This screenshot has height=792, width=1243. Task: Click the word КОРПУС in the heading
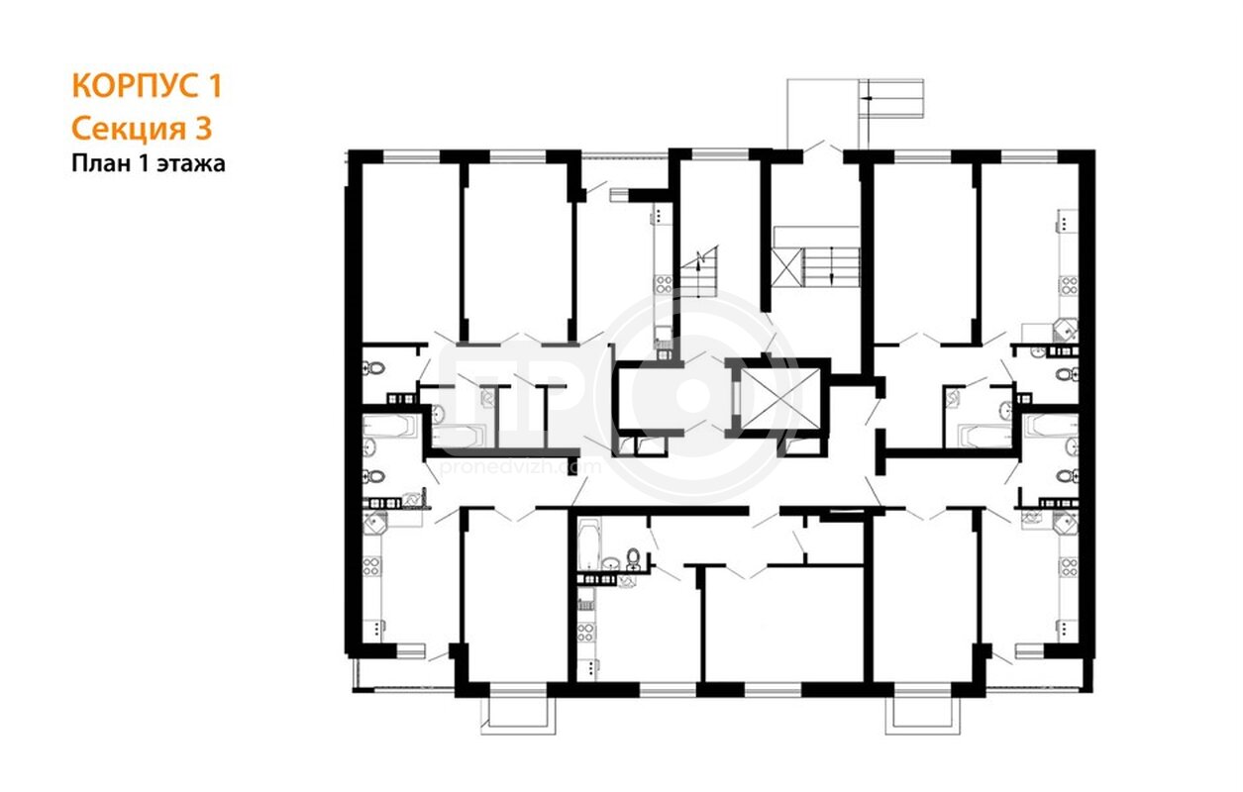[137, 86]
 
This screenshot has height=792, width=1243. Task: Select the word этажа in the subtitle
[191, 164]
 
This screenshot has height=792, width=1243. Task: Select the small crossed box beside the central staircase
[787, 266]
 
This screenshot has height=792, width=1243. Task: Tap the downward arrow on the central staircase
[831, 266]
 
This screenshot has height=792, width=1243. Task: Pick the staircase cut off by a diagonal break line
[699, 272]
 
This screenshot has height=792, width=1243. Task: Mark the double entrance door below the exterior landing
[823, 147]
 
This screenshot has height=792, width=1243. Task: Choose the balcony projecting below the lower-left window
[518, 716]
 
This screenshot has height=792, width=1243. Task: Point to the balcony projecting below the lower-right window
[922, 716]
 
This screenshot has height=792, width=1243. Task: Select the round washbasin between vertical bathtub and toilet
[610, 564]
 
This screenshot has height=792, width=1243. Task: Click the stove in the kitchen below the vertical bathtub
[585, 632]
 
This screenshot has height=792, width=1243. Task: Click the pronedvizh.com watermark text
[520, 467]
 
